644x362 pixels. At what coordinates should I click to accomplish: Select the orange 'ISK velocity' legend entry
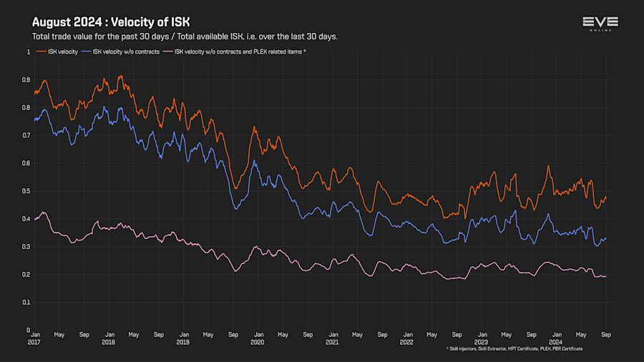(x=61, y=52)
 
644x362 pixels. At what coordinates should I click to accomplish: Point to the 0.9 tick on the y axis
(x=27, y=79)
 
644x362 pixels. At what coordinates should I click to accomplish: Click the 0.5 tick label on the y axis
(x=27, y=191)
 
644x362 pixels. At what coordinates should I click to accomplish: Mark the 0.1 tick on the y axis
(x=27, y=302)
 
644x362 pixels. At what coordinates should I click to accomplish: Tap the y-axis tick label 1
(x=29, y=52)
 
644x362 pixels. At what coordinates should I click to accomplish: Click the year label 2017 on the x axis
(x=34, y=342)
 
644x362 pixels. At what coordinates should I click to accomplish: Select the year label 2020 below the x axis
(x=258, y=342)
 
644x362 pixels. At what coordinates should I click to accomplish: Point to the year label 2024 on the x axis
(x=556, y=342)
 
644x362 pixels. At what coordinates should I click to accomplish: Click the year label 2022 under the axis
(x=406, y=342)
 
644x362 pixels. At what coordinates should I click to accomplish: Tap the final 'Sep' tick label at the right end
(x=605, y=334)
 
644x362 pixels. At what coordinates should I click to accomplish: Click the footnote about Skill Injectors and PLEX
(x=514, y=349)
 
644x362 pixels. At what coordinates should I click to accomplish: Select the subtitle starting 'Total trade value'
(x=185, y=36)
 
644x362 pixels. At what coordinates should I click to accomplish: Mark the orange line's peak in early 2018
(x=119, y=77)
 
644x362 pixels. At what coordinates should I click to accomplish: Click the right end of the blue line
(x=606, y=239)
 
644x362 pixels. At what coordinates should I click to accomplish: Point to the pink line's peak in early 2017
(x=44, y=212)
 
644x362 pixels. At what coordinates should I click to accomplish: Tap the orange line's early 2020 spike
(x=254, y=127)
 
